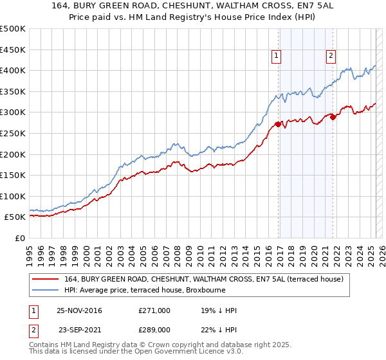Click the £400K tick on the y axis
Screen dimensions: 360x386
pyautogui.click(x=14, y=70)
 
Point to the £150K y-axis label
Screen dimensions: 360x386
pyautogui.click(x=14, y=175)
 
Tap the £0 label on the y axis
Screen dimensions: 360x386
pyautogui.click(x=19, y=238)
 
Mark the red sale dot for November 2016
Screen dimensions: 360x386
pyautogui.click(x=278, y=124)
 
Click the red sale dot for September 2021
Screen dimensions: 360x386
pyautogui.click(x=333, y=116)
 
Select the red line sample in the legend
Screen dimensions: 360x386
pyautogui.click(x=44, y=279)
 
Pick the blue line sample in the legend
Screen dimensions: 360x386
pyautogui.click(x=44, y=290)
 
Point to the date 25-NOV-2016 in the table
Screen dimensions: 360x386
pyautogui.click(x=79, y=310)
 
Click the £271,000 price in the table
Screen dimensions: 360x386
pyautogui.click(x=154, y=310)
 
